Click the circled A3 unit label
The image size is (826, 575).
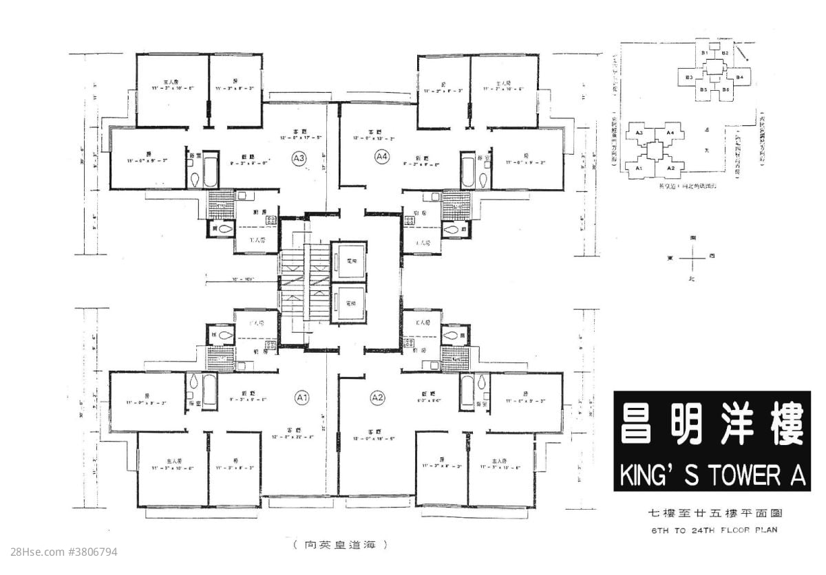point(299,158)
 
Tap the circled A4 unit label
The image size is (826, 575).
point(382,158)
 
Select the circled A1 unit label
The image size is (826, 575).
point(301,398)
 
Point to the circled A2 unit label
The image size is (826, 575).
point(377,398)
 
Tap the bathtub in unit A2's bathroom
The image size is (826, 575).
point(467,391)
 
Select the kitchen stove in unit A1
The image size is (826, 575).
point(271,347)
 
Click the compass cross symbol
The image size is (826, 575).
point(691,257)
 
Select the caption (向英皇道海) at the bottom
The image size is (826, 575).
point(339,545)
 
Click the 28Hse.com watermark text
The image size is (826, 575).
point(59,552)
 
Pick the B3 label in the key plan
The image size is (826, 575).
point(688,78)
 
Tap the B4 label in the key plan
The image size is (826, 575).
point(739,78)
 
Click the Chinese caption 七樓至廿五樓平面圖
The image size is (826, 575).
point(711,513)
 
